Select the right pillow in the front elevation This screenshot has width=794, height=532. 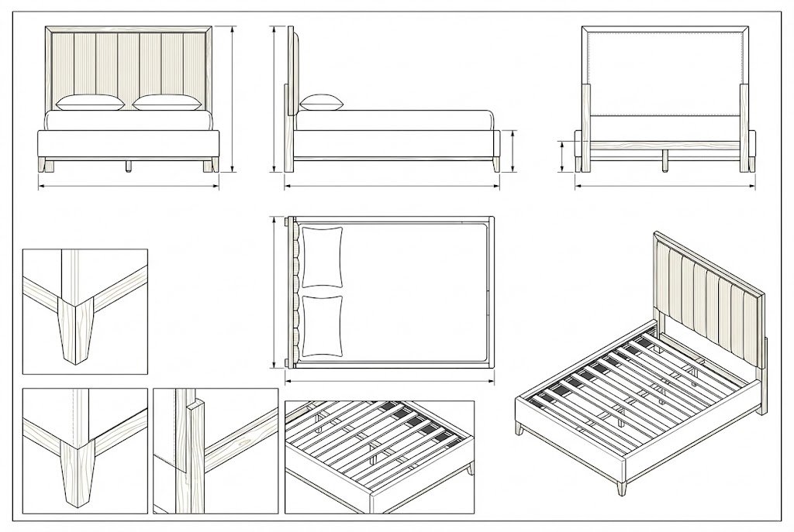tap(165, 102)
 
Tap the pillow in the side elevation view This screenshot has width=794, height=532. tap(320, 101)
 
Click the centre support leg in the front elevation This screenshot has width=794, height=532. tap(128, 166)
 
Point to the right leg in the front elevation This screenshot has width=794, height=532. tap(210, 165)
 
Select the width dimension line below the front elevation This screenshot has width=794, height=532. tap(129, 186)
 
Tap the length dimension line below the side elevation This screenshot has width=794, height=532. tap(392, 186)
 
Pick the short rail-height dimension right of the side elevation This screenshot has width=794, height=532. tap(513, 151)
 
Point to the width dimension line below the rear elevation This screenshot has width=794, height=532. tap(664, 186)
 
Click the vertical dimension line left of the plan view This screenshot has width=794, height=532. tap(274, 293)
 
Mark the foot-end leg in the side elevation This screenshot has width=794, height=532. tap(495, 166)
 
